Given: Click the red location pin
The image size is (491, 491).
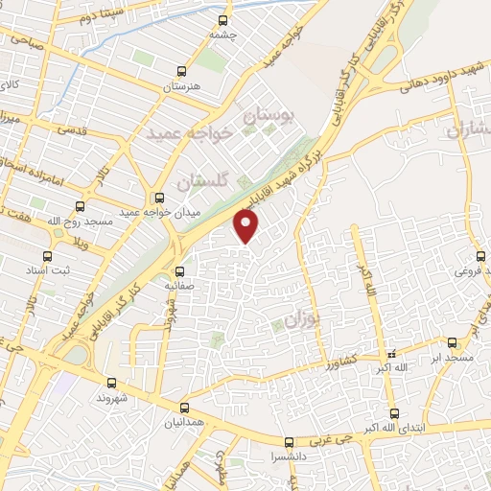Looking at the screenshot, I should [x=247, y=226].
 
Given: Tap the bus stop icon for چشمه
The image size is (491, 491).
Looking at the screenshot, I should [x=223, y=19].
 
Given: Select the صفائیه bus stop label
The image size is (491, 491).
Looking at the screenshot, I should [x=179, y=285].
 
